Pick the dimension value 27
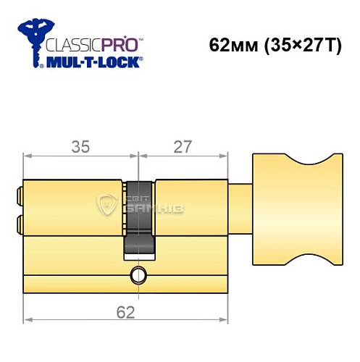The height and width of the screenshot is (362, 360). click(183, 147)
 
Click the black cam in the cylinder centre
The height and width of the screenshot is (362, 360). click(140, 217)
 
